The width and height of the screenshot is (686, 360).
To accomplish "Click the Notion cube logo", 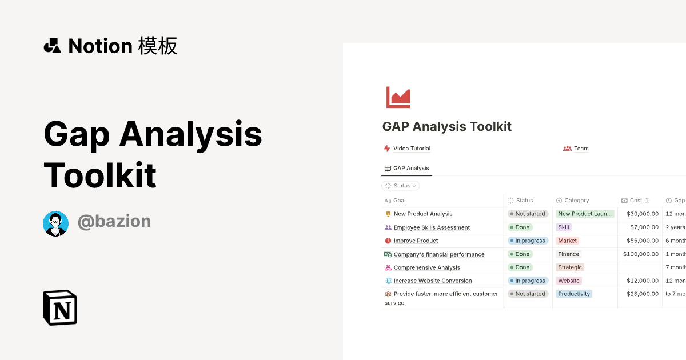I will point(60,307).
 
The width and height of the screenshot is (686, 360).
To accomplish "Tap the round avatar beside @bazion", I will point(55,223).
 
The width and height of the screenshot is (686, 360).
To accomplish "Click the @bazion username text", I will point(114,222).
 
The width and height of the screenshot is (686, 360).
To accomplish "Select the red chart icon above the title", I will point(398,97).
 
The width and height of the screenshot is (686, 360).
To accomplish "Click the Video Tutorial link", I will point(412,149).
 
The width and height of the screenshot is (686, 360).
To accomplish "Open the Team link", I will point(581,149).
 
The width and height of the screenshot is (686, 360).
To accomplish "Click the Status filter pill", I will point(401,186).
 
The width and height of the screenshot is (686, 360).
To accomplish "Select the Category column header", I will point(576,201).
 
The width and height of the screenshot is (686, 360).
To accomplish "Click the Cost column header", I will point(636,201).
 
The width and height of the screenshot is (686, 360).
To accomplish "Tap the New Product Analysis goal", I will point(423,214).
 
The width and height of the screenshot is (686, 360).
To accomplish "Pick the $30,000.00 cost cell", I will point(642,214).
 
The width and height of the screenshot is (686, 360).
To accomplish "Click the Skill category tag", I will point(564,227).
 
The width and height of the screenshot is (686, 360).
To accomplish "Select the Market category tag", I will point(568,241).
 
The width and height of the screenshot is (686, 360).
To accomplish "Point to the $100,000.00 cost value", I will point(641,254).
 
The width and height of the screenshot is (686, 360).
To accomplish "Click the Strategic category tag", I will point(570,267).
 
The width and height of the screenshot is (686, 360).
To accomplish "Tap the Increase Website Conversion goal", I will point(433,281).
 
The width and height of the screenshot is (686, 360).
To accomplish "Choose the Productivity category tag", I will point(574,294).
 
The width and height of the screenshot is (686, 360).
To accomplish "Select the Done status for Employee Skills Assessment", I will point(520,227).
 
